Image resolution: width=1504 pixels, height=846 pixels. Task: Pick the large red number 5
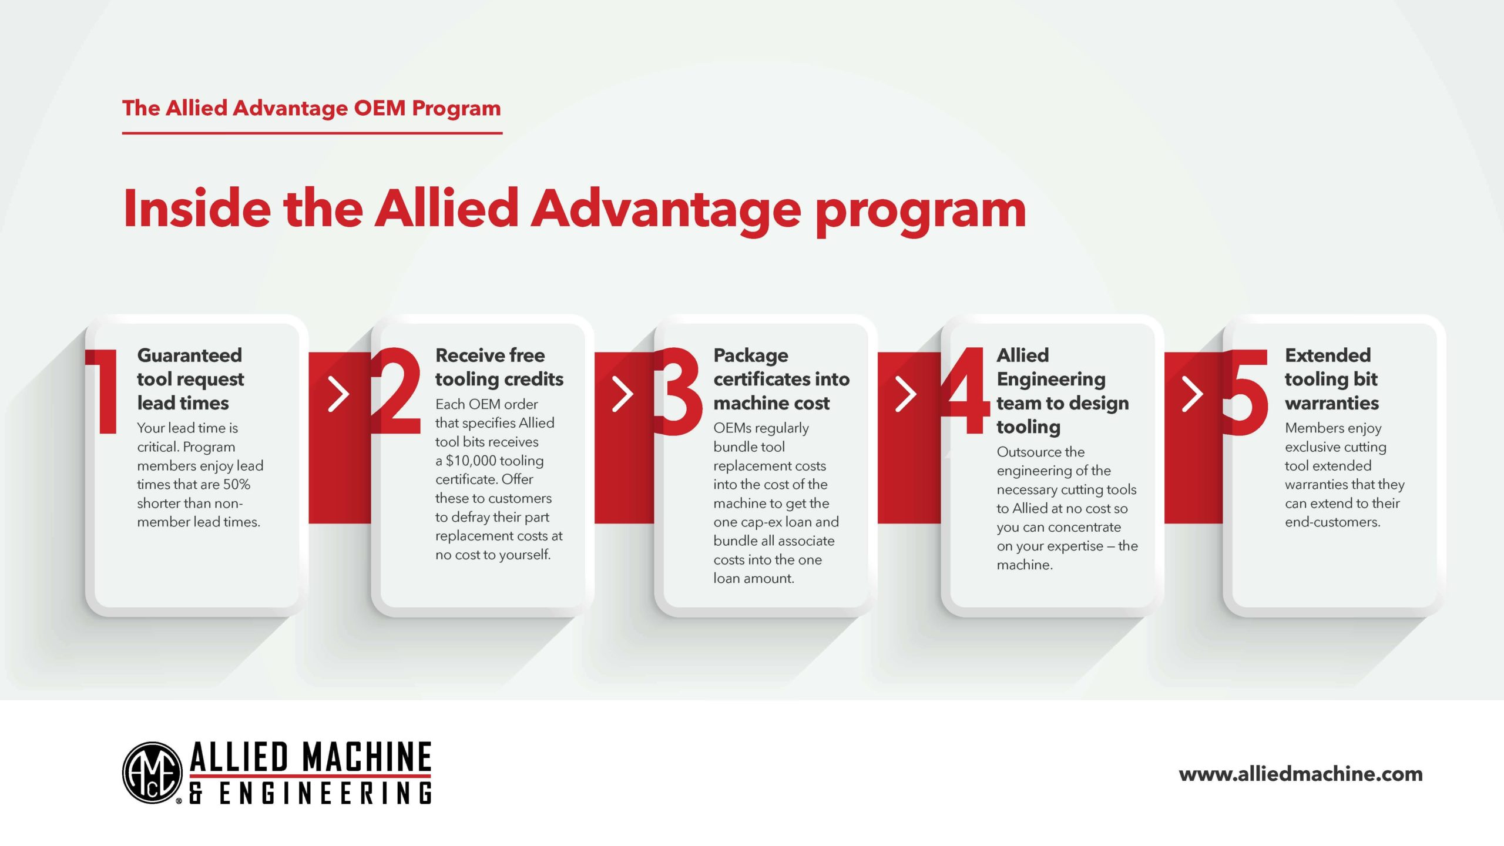[1246, 392]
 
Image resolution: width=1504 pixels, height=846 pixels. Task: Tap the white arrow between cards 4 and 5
[1192, 394]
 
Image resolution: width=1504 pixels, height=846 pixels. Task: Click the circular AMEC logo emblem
[152, 772]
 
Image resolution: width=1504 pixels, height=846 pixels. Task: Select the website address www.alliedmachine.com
[1301, 774]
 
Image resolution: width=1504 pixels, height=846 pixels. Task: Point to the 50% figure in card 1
[237, 484]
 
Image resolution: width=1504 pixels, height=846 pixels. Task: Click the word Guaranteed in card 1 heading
[189, 355]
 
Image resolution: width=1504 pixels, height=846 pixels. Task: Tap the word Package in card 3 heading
[751, 356]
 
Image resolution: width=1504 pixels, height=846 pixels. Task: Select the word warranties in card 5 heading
[1332, 403]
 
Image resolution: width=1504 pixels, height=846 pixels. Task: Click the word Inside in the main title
[197, 209]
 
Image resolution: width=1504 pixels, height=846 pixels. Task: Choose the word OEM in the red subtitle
[380, 108]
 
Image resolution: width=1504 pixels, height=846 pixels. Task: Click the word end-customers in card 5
[1332, 522]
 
